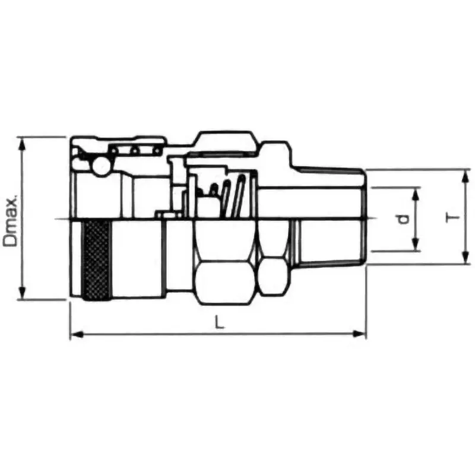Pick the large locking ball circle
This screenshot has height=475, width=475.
coord(100,166)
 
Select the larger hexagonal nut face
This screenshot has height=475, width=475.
coord(226,279)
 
